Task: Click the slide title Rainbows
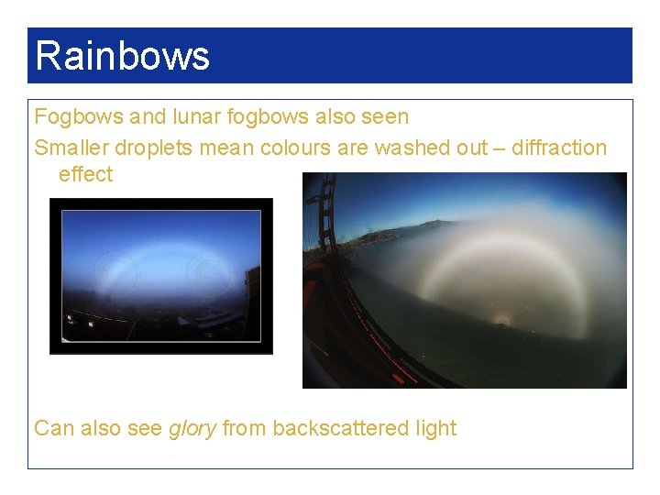[x=122, y=55]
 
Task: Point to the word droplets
[x=157, y=148]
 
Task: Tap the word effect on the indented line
[x=85, y=174]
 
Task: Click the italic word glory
[x=192, y=428]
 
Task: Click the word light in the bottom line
[x=435, y=428]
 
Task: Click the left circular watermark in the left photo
[x=115, y=273]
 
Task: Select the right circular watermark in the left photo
[x=208, y=271]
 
